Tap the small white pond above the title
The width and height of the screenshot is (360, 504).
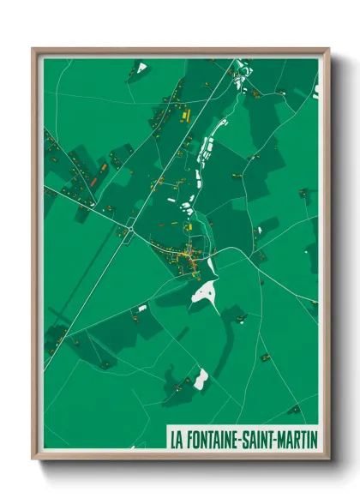(201, 376)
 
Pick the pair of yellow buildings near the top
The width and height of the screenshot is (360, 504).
(183, 112)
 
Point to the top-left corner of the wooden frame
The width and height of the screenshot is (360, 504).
(33, 49)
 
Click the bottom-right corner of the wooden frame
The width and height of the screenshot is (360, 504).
(327, 459)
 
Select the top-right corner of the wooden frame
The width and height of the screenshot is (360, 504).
(327, 49)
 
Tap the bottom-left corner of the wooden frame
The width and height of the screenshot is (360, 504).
(33, 459)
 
